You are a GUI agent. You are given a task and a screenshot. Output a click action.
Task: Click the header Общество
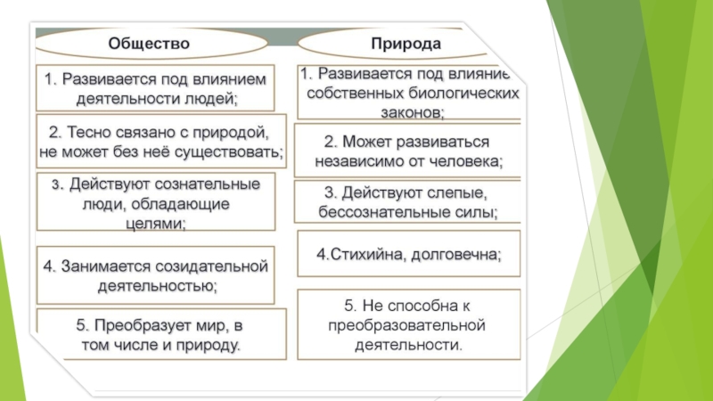(x=149, y=43)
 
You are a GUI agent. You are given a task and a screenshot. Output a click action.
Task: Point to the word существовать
(x=231, y=151)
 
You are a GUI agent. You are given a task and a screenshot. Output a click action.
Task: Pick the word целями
(x=152, y=224)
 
